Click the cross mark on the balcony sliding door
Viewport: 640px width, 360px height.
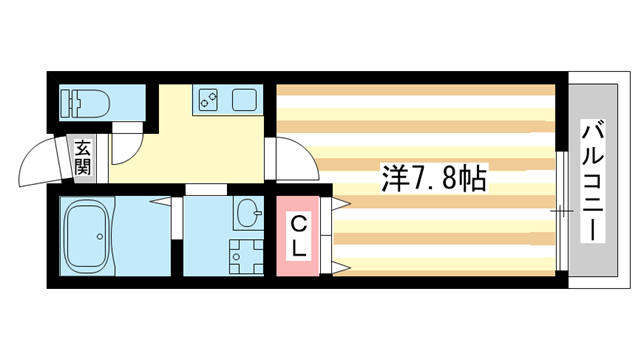560,211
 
